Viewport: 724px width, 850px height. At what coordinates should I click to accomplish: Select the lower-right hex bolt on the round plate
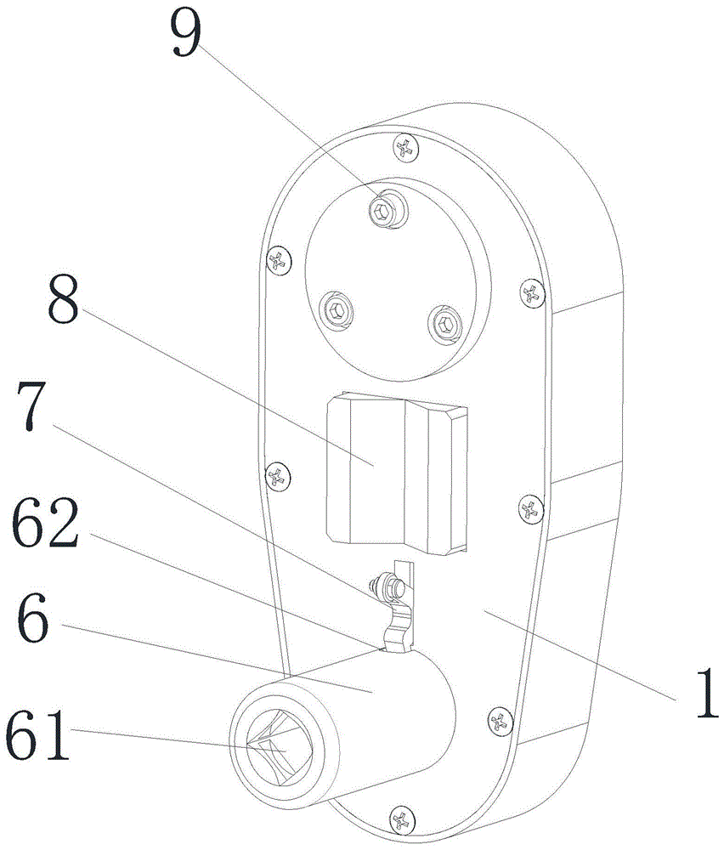[444, 321]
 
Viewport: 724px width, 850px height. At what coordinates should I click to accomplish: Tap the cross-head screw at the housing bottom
[400, 820]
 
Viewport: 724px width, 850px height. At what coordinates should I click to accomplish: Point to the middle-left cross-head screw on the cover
[276, 475]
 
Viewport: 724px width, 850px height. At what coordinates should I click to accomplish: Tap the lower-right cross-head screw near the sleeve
[500, 722]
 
